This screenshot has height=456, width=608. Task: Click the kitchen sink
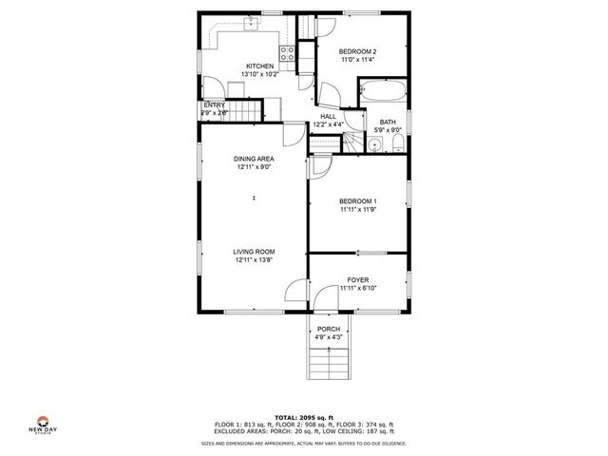[x=252, y=25]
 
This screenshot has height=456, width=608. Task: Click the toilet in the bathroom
[x=396, y=143]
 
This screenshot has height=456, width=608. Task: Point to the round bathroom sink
[x=376, y=144]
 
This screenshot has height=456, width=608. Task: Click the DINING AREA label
[x=255, y=159]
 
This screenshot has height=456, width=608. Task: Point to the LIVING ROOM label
[x=255, y=251]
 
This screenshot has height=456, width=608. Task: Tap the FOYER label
[x=357, y=279]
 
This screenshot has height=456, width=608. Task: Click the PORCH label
[x=329, y=328]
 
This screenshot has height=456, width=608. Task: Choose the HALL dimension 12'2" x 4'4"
[x=328, y=124]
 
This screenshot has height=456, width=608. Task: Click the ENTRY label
[x=214, y=105]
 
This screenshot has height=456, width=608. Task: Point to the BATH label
[x=388, y=122]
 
